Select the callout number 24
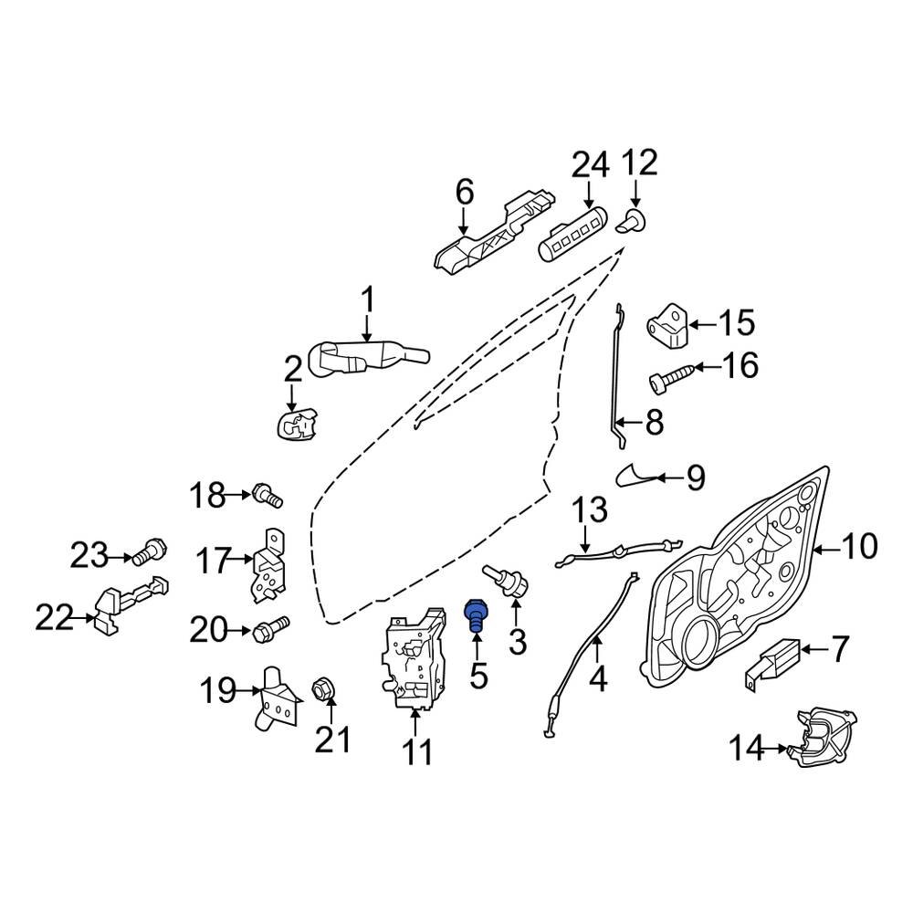coord(589,165)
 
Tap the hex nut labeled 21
coord(321,687)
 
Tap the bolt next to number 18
coord(268,497)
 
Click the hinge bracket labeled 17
coord(268,564)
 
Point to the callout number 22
coord(54,618)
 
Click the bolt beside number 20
coord(269,628)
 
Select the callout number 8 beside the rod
coord(655,423)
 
